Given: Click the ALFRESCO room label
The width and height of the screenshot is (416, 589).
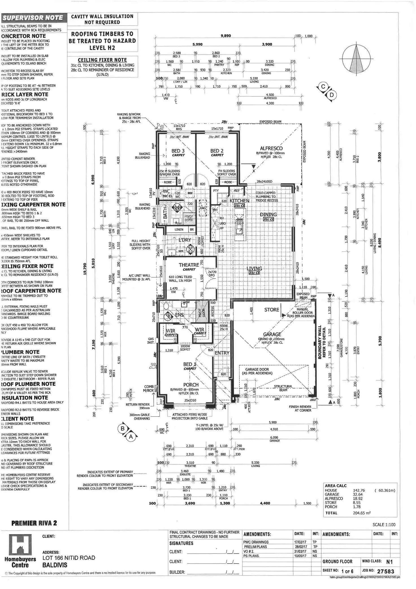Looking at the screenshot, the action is [x=271, y=148].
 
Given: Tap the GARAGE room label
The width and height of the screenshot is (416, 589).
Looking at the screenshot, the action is [x=272, y=334].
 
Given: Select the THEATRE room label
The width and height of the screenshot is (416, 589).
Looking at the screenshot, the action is [x=189, y=265].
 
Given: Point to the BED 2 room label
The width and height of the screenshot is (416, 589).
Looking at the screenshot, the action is [x=217, y=151].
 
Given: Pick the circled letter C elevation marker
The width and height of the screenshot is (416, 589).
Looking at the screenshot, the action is [x=323, y=87].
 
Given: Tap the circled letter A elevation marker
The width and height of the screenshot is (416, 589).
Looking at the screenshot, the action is [x=131, y=437].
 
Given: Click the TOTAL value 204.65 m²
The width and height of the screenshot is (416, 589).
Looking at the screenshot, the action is [x=362, y=513].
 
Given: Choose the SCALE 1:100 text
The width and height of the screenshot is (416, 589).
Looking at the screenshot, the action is [x=384, y=525].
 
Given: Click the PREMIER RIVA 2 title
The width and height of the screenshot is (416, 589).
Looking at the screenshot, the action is [x=34, y=523].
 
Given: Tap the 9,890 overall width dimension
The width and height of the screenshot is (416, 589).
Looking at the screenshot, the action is [x=225, y=36].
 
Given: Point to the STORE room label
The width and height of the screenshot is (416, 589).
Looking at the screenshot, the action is [x=272, y=310].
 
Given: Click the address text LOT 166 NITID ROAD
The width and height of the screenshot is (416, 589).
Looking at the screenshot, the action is [x=69, y=558].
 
